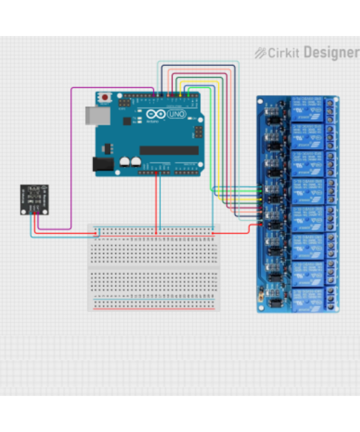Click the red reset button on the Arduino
105,98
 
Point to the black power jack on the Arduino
102,165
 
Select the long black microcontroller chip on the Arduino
169,151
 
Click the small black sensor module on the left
33,198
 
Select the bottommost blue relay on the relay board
307,298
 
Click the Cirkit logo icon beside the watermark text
260,52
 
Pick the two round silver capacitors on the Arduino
130,160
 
